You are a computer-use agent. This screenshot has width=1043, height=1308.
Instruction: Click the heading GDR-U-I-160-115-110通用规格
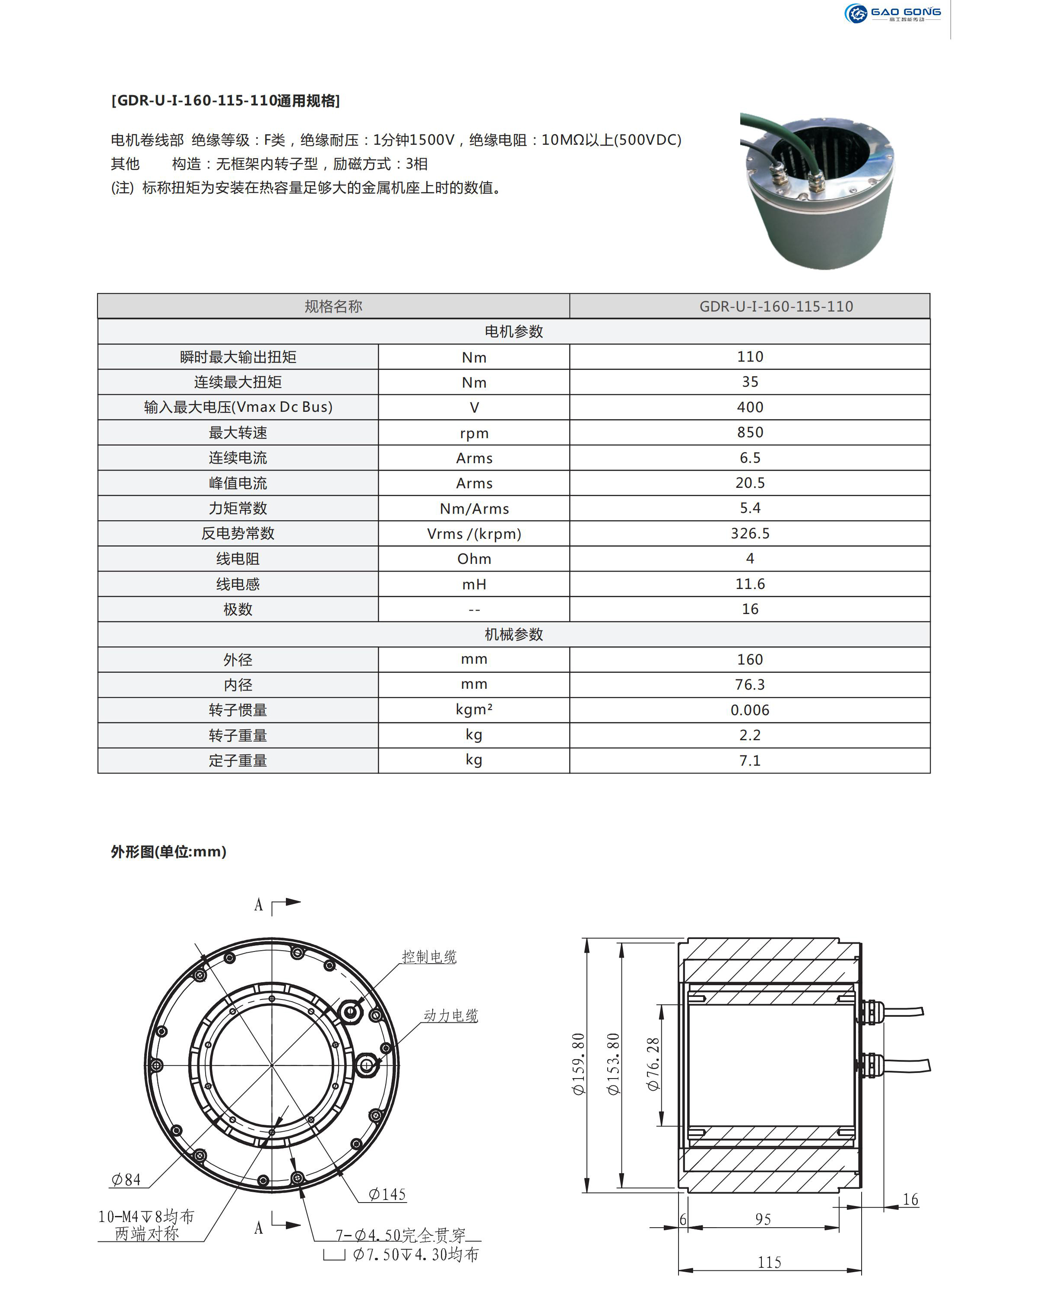click(x=225, y=101)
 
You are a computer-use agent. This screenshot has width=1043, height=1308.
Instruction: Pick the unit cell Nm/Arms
click(x=474, y=509)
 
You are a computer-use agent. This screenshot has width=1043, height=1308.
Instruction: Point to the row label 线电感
click(x=238, y=584)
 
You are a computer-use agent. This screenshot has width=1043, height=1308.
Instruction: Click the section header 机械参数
click(x=514, y=635)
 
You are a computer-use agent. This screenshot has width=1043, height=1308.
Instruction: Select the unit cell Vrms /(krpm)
click(x=474, y=534)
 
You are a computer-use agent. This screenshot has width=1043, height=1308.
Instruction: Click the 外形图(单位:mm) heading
click(x=168, y=852)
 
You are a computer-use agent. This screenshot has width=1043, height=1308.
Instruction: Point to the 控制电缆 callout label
click(x=429, y=957)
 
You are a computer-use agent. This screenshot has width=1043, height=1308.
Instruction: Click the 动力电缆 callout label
click(x=450, y=1015)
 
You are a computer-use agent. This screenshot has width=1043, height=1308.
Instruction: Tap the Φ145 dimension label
click(x=387, y=1194)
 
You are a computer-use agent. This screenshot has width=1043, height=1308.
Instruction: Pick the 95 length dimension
click(x=763, y=1219)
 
